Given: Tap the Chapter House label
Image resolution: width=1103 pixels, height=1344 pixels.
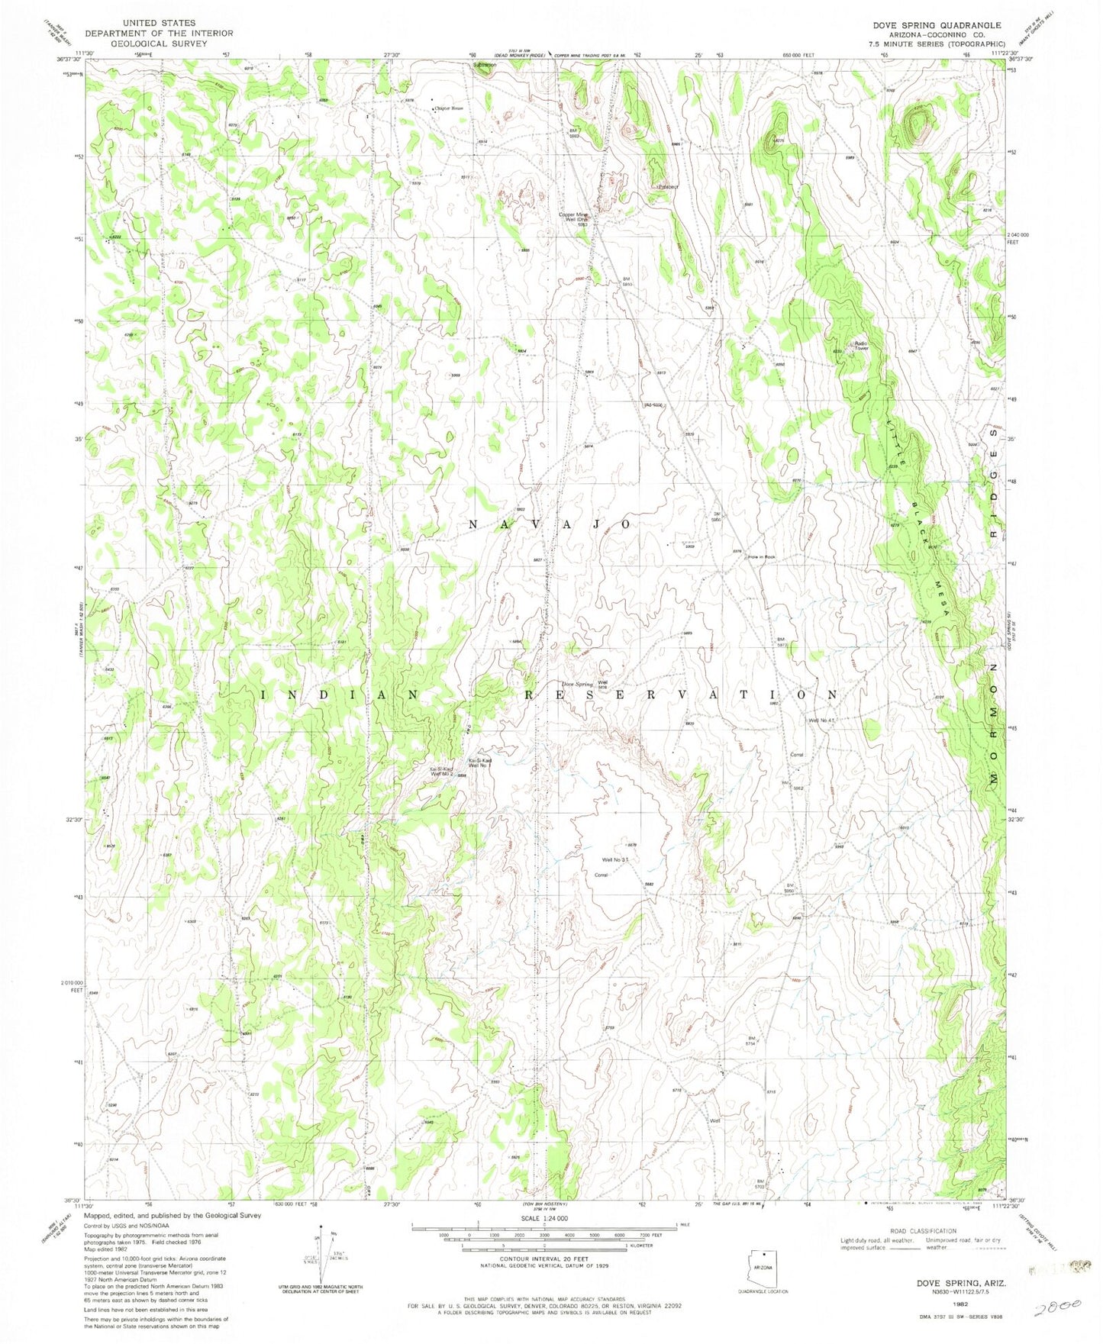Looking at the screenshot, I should pyautogui.click(x=449, y=108).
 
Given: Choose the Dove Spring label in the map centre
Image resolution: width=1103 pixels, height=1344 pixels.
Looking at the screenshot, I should pyautogui.click(x=578, y=684).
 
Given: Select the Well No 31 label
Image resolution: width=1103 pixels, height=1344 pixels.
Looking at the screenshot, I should pyautogui.click(x=615, y=860).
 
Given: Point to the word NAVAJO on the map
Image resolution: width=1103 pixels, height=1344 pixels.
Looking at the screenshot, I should pyautogui.click(x=549, y=524).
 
